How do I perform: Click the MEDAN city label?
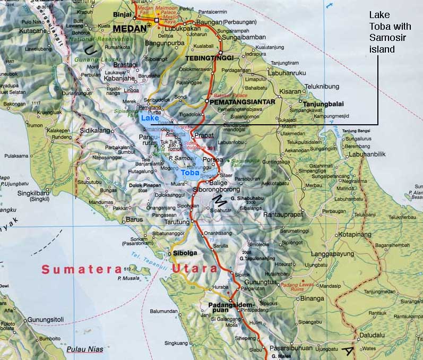coord(128,29)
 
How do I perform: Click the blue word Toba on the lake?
coord(190,173)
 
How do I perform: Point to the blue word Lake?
coord(150,118)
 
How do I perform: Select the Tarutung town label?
coord(176,222)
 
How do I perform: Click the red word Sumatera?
coord(81,269)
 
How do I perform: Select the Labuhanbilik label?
coord(367,154)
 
